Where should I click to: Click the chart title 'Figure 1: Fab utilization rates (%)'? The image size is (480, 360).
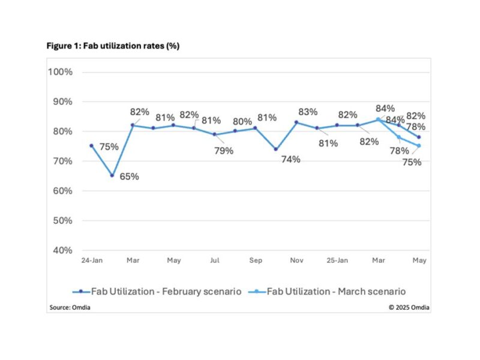[112, 46]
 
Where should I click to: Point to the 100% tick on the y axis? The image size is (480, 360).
[60, 72]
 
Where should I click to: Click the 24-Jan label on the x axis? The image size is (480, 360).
[91, 261]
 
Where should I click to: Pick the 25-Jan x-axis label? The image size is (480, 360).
[337, 261]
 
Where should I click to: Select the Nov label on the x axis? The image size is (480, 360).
[296, 261]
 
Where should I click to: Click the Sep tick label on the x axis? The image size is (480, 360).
[255, 261]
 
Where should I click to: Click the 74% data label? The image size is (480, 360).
[292, 160]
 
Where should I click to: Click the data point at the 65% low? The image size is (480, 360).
[112, 176]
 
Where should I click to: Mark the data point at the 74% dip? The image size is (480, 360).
[275, 149]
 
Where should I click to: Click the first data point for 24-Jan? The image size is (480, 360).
[91, 146]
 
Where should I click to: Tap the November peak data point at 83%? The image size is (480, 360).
[296, 122]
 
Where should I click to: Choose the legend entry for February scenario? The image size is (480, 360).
[157, 291]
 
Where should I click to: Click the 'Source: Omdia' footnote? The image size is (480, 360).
[65, 308]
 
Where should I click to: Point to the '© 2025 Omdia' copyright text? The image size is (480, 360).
[409, 308]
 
